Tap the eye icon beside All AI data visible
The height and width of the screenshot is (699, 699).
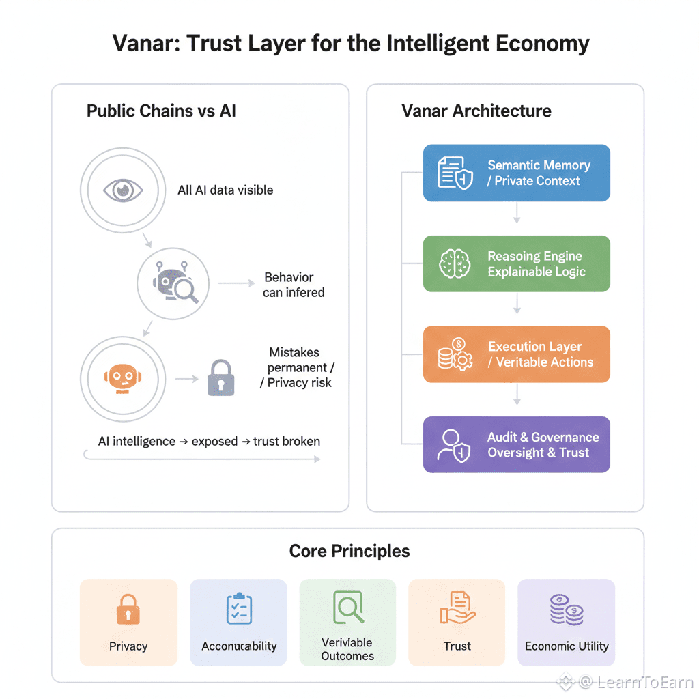[123, 190]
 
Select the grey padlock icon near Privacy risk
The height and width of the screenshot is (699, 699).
[220, 377]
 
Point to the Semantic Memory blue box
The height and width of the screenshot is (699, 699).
[516, 173]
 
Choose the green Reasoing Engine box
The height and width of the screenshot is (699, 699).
[516, 263]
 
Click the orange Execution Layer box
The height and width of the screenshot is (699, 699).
[516, 354]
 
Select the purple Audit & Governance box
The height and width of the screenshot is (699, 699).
[516, 444]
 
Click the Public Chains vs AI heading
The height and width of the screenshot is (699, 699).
[161, 111]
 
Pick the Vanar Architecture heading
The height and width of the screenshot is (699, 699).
[476, 111]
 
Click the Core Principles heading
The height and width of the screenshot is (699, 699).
[349, 551]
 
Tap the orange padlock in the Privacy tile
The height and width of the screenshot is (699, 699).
[128, 609]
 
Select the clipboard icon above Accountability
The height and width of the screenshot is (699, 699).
[239, 609]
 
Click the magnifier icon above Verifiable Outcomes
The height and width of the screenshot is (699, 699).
[347, 606]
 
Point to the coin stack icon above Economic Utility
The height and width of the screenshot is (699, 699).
[567, 609]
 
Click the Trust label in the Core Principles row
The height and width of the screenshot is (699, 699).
[457, 646]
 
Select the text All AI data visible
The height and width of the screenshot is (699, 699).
[225, 190]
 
